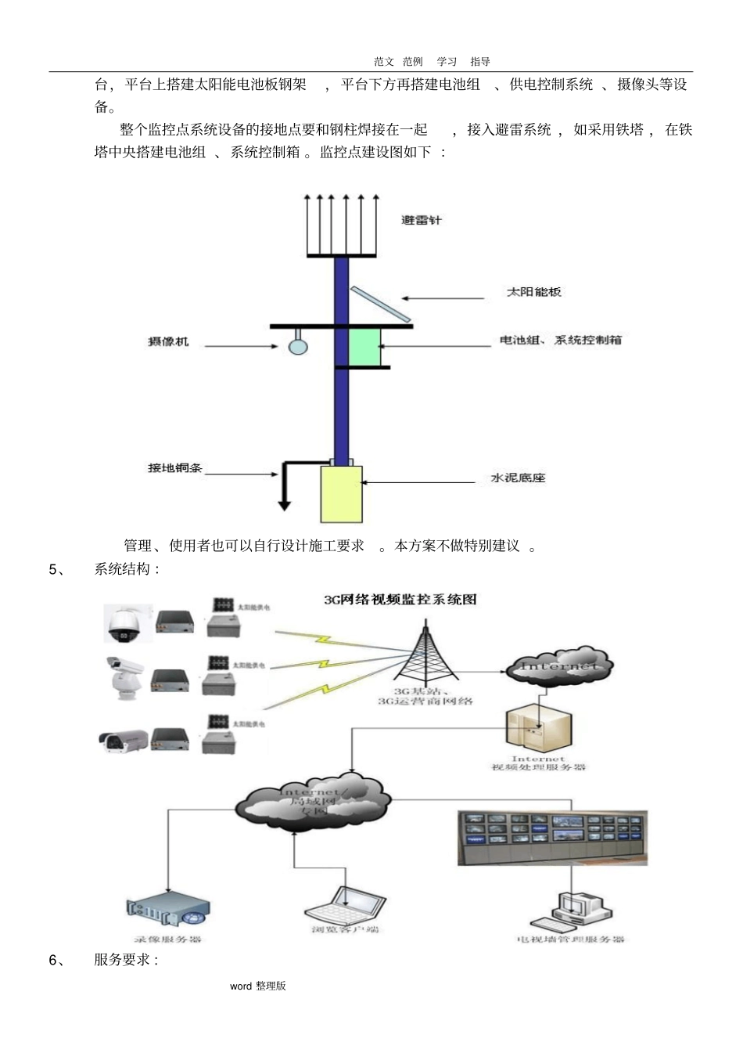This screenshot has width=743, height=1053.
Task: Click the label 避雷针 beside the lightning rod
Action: [422, 220]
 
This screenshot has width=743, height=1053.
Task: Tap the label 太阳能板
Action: [533, 292]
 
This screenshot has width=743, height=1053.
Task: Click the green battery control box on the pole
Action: [364, 346]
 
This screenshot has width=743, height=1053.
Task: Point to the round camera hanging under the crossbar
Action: [297, 344]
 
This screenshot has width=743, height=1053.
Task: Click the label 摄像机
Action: [168, 341]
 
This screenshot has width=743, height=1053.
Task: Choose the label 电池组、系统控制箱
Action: [560, 340]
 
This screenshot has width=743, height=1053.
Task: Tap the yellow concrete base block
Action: [342, 494]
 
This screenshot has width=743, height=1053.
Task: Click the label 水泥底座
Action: [517, 478]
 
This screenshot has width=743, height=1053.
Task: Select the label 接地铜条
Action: [175, 468]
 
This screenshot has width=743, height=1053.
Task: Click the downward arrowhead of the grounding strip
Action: [285, 505]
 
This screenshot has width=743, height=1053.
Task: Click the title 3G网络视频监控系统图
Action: [400, 600]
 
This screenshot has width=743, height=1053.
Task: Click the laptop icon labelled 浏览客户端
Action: [345, 906]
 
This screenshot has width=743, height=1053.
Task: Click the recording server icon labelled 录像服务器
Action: [167, 910]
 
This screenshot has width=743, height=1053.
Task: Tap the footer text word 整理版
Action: [257, 986]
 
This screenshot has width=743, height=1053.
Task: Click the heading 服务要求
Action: [125, 960]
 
